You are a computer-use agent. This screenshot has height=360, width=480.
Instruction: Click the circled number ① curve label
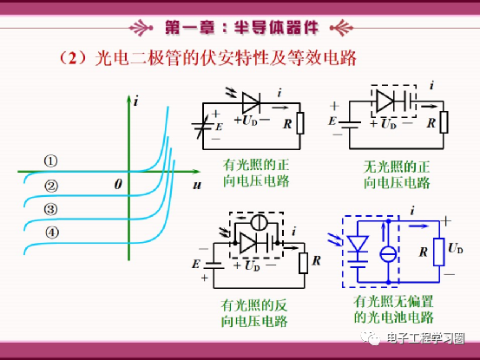(51, 161)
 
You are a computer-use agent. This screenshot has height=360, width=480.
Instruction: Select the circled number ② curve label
(51, 186)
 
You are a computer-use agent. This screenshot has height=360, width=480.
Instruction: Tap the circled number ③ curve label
(51, 210)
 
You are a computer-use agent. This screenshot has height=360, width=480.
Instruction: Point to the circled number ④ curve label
(52, 232)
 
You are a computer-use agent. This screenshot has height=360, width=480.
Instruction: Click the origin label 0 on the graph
(118, 184)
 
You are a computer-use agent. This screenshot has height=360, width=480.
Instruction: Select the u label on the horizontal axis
(197, 185)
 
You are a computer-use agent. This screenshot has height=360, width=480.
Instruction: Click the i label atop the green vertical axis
(136, 101)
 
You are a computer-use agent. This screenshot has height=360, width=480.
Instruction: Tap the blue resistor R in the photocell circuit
(439, 252)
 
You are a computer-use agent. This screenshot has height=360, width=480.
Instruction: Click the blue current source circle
(388, 254)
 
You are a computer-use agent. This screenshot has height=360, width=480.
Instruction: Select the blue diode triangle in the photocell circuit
(358, 244)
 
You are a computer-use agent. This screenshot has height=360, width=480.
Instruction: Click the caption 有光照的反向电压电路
(254, 313)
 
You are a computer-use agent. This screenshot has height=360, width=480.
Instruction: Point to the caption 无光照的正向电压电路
(397, 174)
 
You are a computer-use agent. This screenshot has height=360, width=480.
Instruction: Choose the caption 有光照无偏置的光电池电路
(394, 309)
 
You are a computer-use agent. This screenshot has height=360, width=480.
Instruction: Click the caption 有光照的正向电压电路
(256, 173)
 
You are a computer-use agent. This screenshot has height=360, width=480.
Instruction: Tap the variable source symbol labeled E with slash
(202, 126)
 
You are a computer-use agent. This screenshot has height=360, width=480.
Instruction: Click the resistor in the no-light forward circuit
(444, 122)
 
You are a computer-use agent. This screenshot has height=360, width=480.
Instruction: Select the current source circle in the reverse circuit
(259, 222)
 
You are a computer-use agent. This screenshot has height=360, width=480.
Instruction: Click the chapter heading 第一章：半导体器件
(241, 28)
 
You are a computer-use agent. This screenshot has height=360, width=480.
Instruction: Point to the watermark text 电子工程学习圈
(425, 338)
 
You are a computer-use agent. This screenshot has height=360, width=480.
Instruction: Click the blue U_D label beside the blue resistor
(456, 248)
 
